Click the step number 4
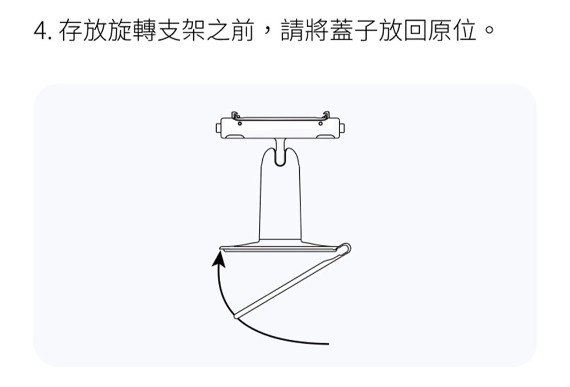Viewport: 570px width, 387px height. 40,32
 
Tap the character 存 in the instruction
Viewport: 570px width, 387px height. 71,32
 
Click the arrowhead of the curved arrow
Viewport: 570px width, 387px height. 218,259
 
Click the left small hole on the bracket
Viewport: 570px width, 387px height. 239,123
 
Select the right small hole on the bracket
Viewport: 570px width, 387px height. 320,123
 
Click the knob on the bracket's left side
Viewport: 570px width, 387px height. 218,129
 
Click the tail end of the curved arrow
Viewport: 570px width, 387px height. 327,344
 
